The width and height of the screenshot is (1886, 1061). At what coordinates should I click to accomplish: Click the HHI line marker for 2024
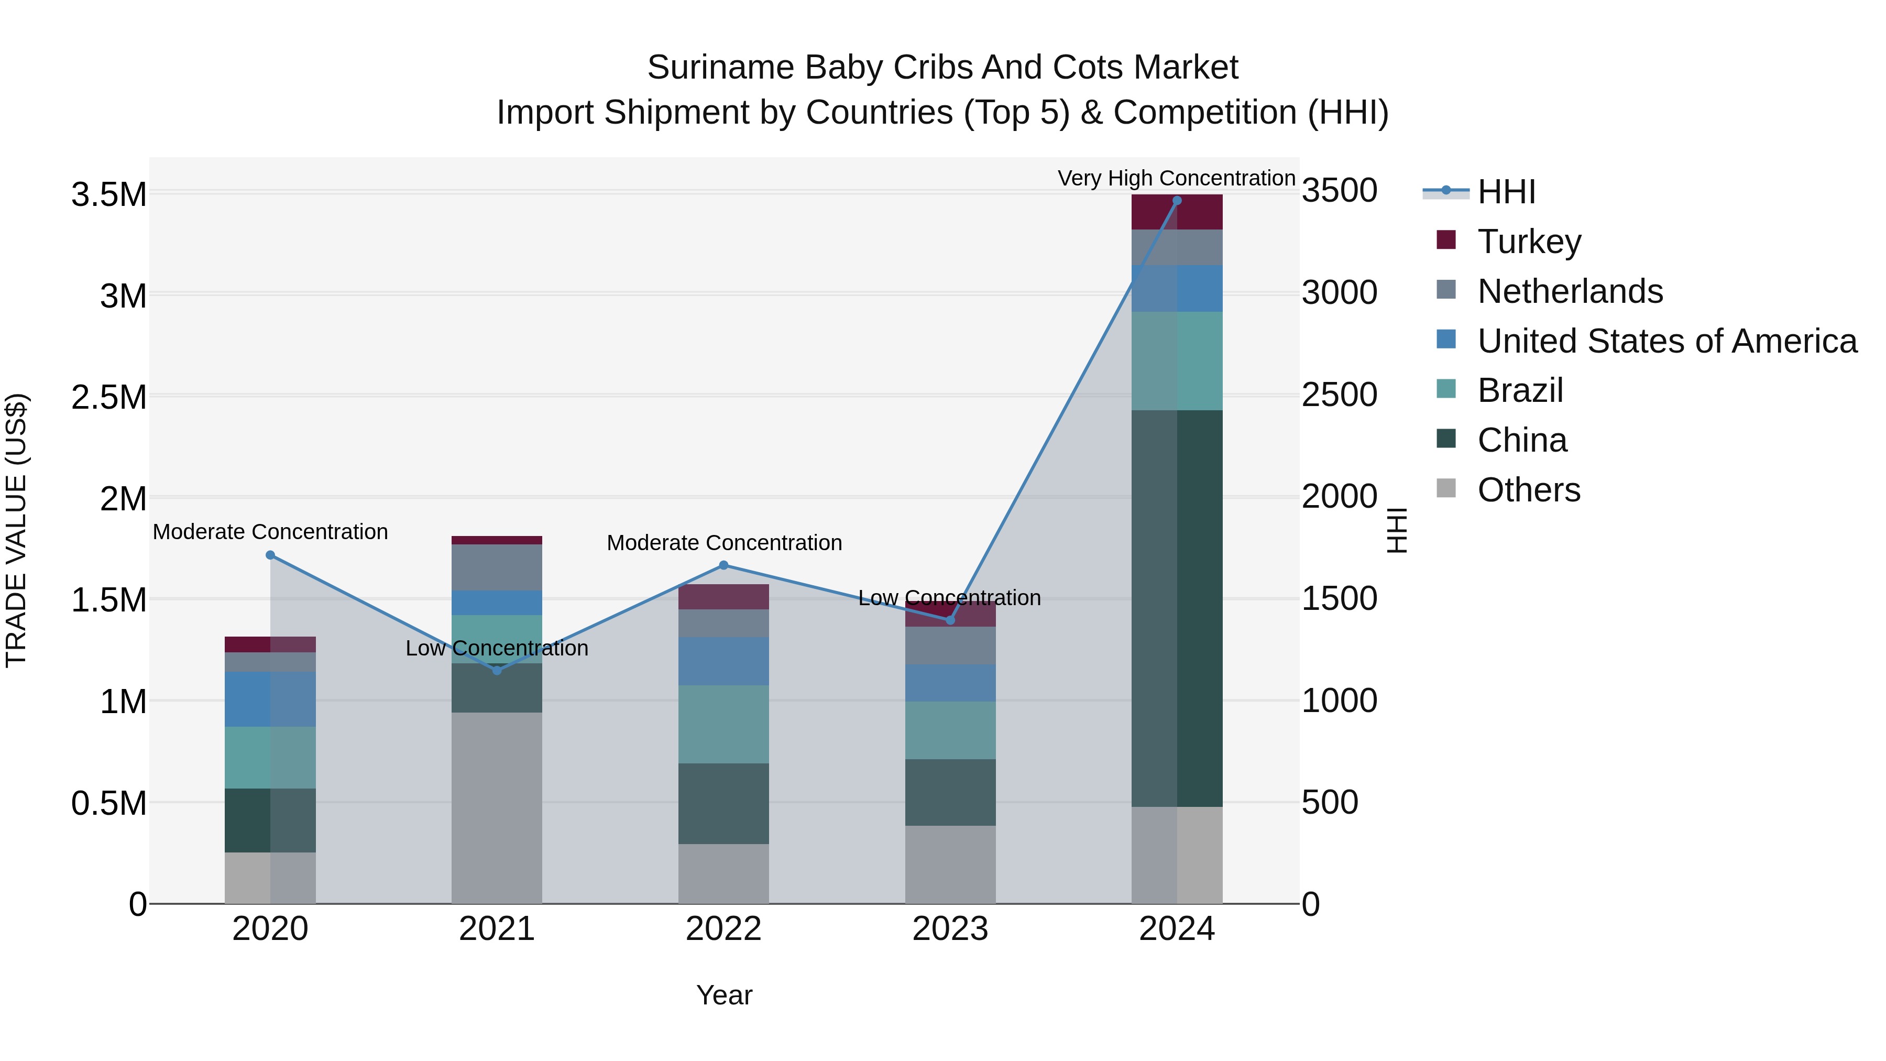pos(1177,201)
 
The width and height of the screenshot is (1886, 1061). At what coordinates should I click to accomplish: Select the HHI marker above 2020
pos(270,555)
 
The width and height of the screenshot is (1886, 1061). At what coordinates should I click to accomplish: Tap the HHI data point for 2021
pos(497,671)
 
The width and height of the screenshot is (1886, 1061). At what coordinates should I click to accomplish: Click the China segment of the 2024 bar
pos(1177,608)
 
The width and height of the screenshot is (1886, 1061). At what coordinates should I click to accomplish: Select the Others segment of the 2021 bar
pos(497,807)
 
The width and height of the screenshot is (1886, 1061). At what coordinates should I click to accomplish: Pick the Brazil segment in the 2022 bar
pos(723,724)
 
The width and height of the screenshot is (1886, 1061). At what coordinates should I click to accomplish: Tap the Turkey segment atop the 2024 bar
pos(1177,212)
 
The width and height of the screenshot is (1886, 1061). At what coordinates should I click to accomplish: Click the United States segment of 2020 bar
pos(270,699)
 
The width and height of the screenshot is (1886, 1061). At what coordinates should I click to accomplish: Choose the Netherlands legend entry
pos(1570,291)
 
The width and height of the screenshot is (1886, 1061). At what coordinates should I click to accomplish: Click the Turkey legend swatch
pos(1446,240)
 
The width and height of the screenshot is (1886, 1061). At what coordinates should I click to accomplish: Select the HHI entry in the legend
pos(1506,192)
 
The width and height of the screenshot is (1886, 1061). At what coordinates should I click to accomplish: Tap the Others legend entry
pos(1529,490)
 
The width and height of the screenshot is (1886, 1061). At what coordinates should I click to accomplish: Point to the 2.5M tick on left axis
pos(109,398)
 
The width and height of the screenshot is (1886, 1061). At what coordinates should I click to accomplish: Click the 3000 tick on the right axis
pos(1339,293)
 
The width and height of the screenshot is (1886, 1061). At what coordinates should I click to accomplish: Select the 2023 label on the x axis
pos(950,929)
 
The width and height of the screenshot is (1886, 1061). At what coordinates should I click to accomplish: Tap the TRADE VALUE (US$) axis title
pos(17,530)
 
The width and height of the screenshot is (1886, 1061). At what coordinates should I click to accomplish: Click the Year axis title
pos(724,995)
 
